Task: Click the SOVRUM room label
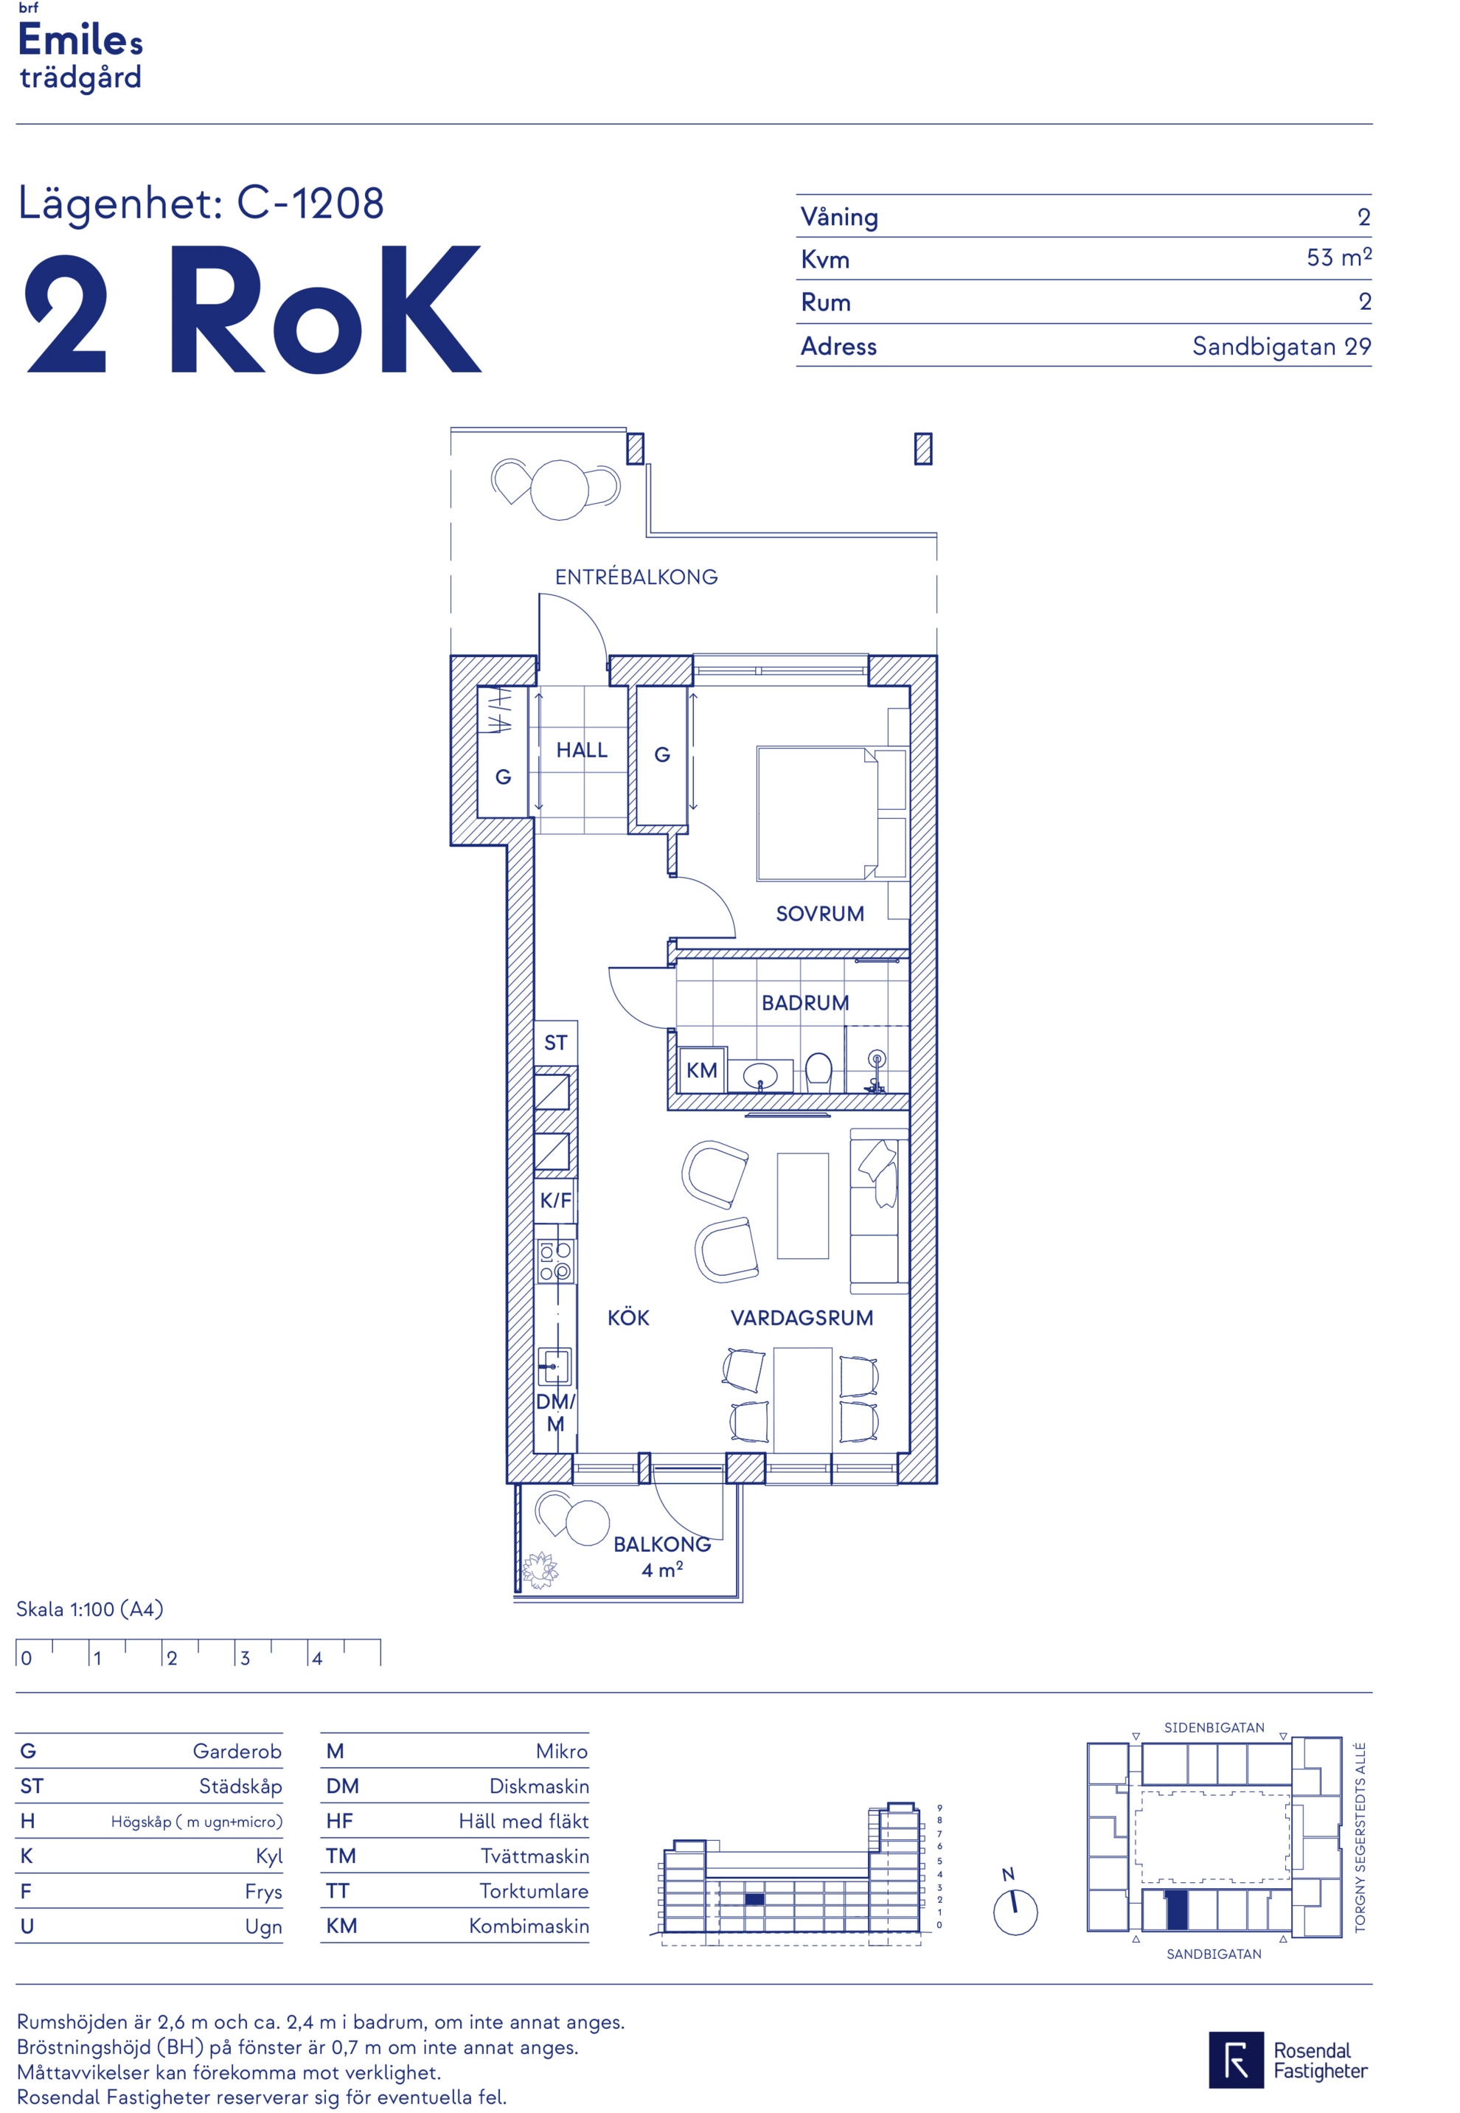point(820,914)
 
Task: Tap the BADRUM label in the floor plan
point(805,1002)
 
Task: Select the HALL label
point(582,750)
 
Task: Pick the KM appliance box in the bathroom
point(702,1070)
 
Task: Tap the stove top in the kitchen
point(555,1260)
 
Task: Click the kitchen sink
point(554,1367)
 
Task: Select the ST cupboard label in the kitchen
point(555,1043)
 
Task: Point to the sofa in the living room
point(879,1211)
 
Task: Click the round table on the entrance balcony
point(559,490)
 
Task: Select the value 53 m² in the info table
point(1338,257)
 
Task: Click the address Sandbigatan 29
point(1282,347)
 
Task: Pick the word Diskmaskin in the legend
point(539,1786)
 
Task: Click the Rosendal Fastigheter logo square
point(1236,2060)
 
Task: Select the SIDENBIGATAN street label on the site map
point(1214,1728)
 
